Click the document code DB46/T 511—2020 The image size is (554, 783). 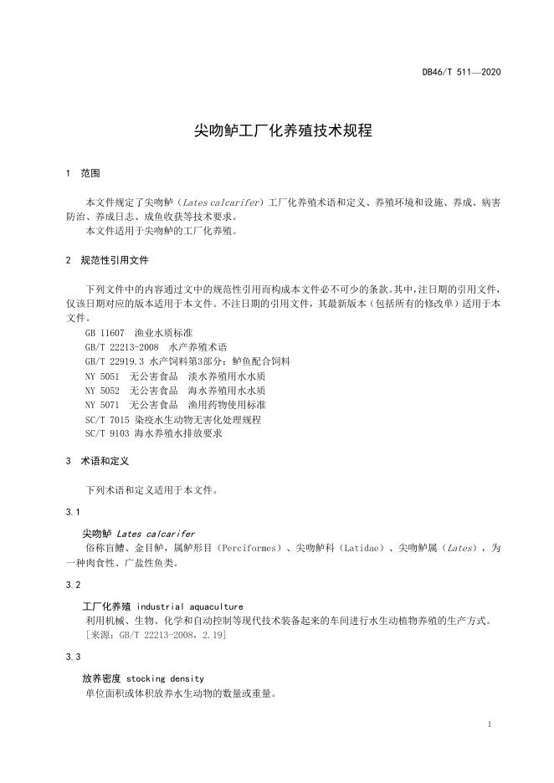pos(461,73)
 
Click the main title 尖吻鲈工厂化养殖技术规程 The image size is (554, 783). pos(277,130)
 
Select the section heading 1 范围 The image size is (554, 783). pos(83,173)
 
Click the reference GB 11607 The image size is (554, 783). pos(104,333)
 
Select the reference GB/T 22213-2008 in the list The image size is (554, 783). pos(121,347)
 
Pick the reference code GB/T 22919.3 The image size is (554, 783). pos(116,361)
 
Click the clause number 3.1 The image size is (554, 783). pos(72,511)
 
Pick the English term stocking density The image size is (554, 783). pos(165,678)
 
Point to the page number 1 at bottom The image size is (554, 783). pos(489,724)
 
